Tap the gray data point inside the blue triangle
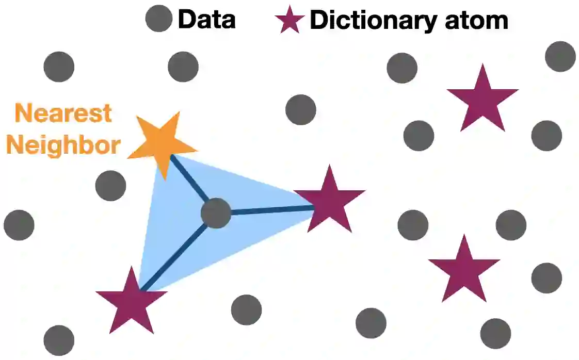tap(216, 214)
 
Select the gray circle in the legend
tap(158, 20)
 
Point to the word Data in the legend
tap(206, 20)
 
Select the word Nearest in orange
tap(63, 113)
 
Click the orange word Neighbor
tap(62, 145)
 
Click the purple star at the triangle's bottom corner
tap(132, 301)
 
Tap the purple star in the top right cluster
tap(482, 100)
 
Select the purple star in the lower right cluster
tap(464, 270)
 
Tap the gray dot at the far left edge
tap(19, 225)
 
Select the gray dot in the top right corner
tap(560, 56)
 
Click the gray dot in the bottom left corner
tap(59, 340)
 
